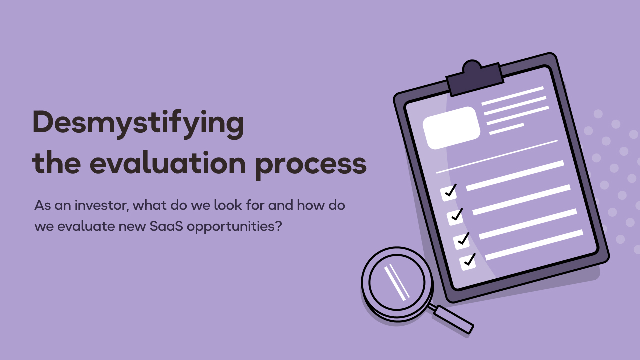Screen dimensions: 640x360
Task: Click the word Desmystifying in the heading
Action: [138, 124]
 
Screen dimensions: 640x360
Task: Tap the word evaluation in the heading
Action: [168, 163]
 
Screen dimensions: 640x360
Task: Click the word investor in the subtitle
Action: [102, 205]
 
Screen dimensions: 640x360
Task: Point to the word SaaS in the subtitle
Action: [166, 226]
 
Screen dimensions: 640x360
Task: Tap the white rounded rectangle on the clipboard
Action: [451, 128]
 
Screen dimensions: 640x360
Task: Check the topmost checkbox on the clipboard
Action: [449, 193]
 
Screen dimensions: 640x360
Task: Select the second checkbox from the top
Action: [455, 217]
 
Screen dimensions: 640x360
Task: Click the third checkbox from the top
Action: [461, 240]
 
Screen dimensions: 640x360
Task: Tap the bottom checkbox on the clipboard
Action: [468, 262]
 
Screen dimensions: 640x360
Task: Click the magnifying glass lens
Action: [397, 282]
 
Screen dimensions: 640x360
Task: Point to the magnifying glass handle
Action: [453, 319]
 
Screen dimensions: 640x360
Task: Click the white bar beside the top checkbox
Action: [515, 175]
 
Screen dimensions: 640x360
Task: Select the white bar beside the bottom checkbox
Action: [534, 245]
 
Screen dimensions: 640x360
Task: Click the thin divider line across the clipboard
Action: [497, 157]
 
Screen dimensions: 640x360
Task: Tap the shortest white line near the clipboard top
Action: [507, 129]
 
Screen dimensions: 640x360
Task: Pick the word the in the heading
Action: [57, 163]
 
